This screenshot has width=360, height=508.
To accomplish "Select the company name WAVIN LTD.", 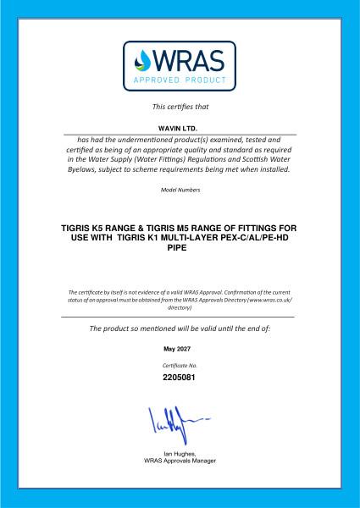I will click(179, 128).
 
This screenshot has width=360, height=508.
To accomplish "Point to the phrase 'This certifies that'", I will click(180, 107).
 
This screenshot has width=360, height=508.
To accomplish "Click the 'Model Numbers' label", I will click(180, 190).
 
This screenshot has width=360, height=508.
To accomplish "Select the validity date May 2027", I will click(180, 348).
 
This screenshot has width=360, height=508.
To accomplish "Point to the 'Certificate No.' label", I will click(180, 364).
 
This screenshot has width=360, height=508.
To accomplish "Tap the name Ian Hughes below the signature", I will click(179, 455).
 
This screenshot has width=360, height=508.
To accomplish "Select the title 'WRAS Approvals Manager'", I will click(180, 461).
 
